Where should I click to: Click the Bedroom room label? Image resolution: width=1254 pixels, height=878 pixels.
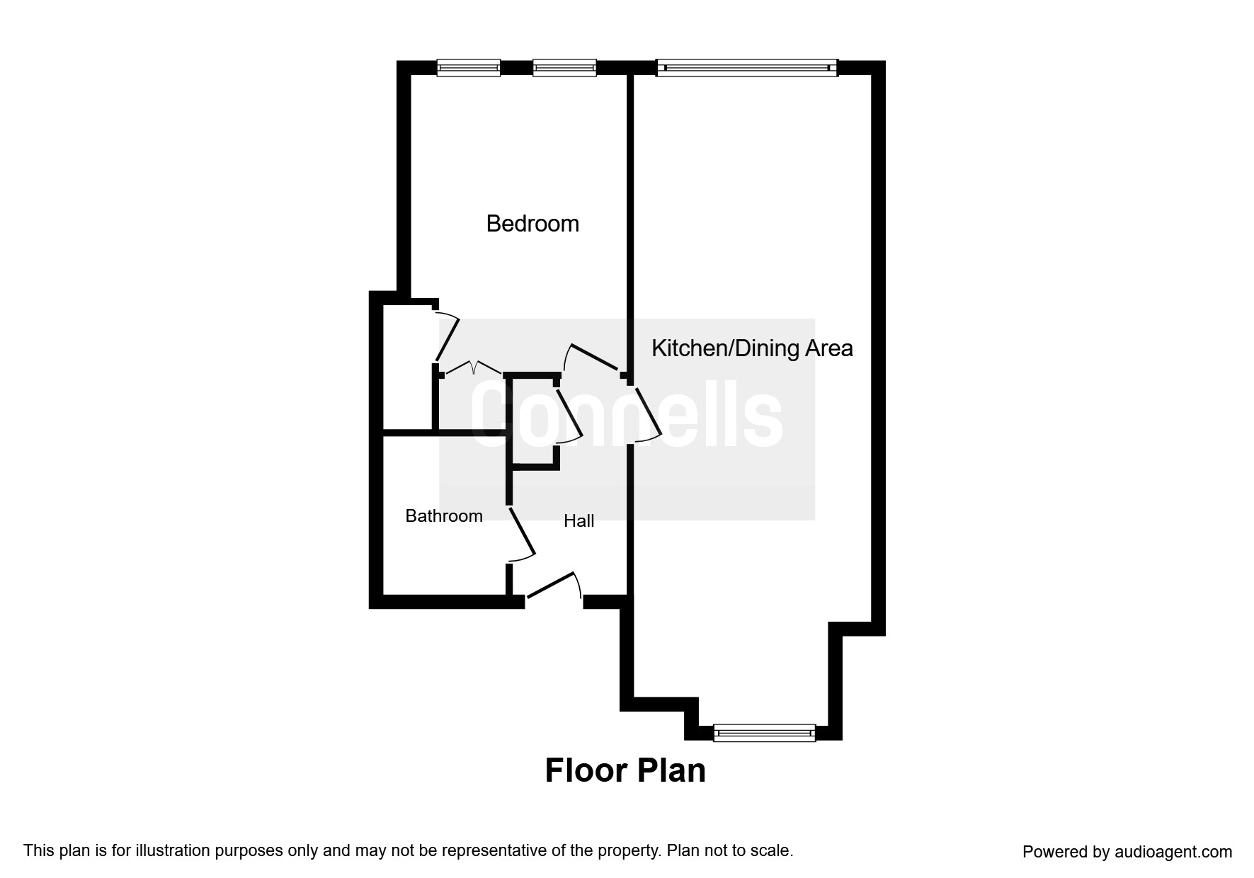532,224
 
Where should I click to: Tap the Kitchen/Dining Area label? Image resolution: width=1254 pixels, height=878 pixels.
751,348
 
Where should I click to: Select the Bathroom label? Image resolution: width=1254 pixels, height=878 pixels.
443,516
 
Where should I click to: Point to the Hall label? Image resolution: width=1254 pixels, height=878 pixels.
578,521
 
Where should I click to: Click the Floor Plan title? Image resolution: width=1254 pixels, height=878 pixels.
625,770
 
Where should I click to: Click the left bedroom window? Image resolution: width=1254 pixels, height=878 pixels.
468,68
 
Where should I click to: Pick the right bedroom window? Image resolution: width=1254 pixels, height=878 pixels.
564,68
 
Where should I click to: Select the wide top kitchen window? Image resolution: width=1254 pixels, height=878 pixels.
747,68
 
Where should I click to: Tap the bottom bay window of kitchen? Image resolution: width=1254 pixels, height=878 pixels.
764,733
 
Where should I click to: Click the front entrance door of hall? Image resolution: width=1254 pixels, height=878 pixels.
552,586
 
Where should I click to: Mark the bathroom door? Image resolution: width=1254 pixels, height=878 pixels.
521,535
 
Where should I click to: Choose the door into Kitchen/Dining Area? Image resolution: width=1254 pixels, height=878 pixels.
646,414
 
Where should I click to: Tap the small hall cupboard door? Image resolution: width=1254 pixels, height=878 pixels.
568,414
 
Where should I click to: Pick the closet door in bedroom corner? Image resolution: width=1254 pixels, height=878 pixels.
446,338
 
